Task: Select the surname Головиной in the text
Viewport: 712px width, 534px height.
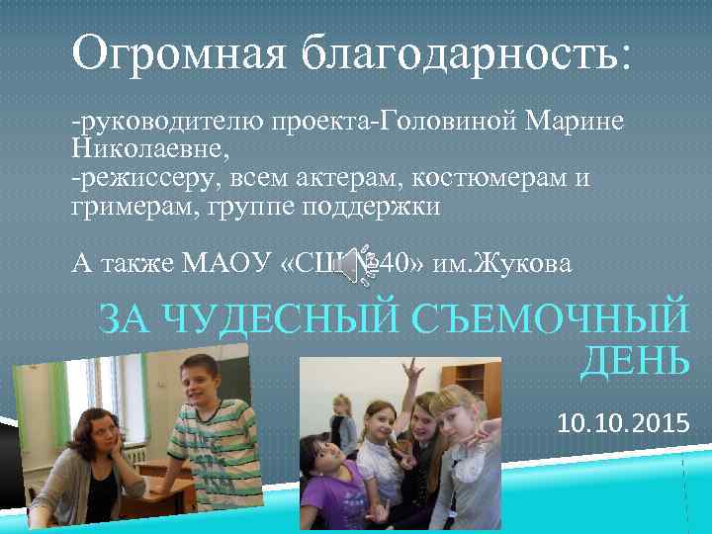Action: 454,122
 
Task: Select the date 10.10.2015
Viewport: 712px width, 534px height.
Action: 623,425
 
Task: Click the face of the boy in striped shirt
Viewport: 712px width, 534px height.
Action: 195,381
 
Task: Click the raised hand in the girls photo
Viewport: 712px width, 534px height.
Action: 410,374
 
